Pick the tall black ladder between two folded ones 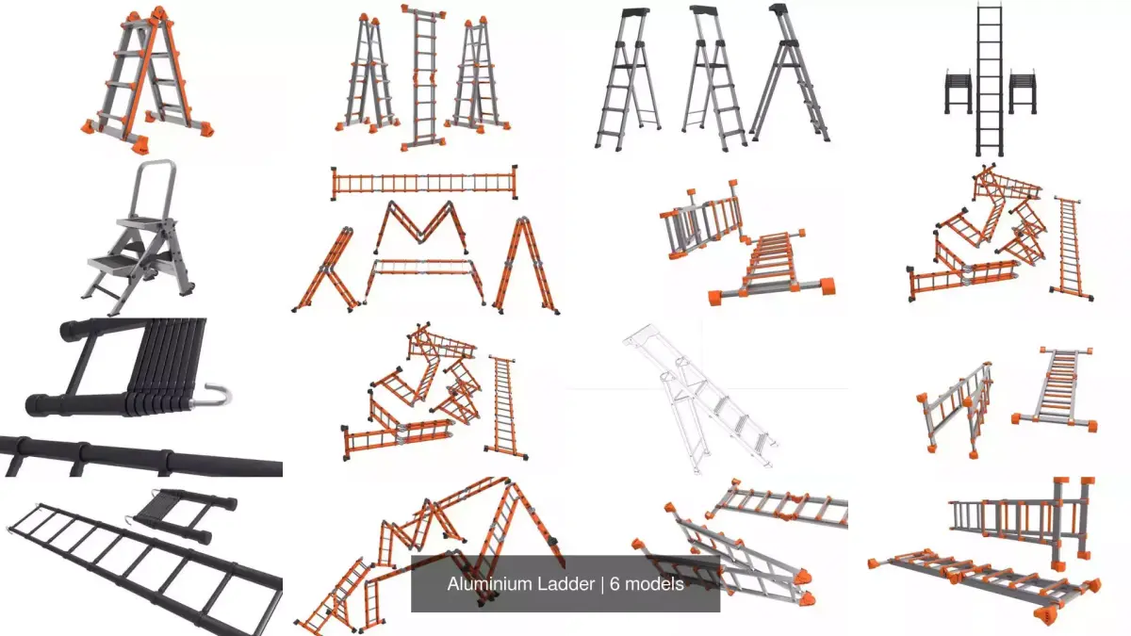[990, 80]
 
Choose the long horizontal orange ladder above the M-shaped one [424, 183]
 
